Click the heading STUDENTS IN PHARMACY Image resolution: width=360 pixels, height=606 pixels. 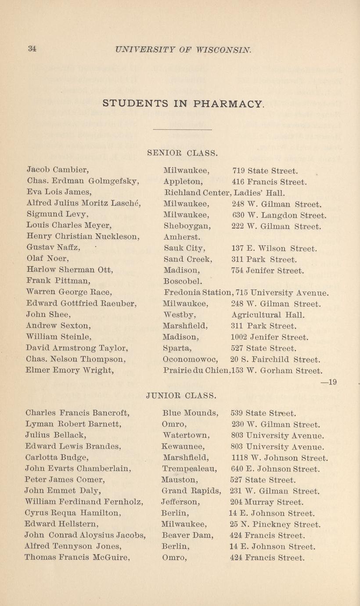[184, 104]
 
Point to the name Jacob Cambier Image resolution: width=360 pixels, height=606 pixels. [51, 170]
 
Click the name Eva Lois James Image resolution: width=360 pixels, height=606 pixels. [59, 192]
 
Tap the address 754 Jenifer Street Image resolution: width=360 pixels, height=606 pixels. [267, 271]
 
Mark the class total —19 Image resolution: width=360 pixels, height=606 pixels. [328, 382]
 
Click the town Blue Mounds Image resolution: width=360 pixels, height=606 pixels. [190, 413]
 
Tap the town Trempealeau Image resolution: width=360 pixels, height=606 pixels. [190, 469]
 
